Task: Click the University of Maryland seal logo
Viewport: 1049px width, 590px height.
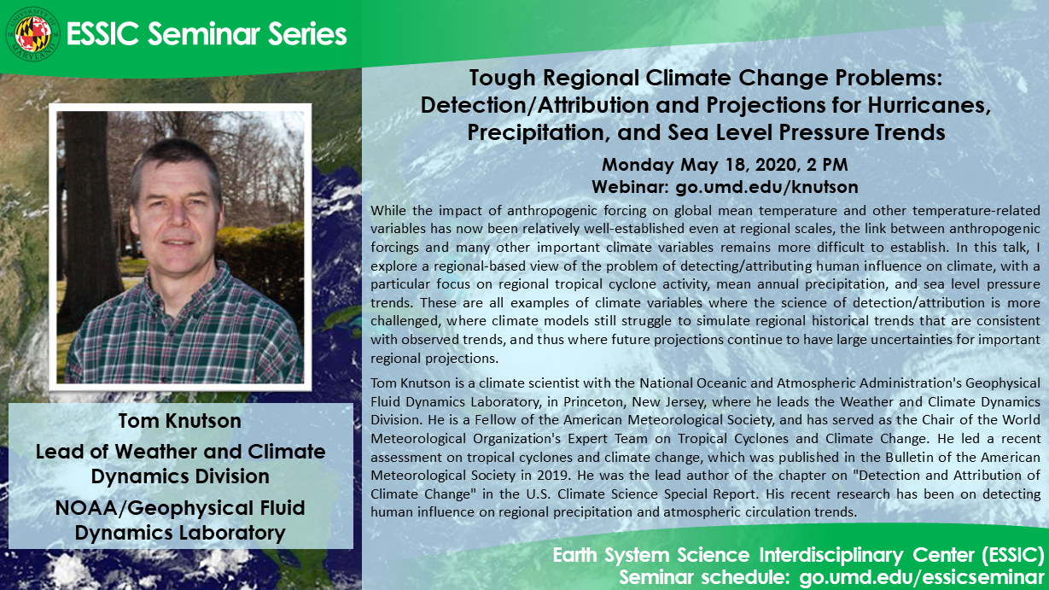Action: pos(32,34)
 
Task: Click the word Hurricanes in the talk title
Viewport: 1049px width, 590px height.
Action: pos(930,104)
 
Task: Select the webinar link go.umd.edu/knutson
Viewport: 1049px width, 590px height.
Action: pos(766,187)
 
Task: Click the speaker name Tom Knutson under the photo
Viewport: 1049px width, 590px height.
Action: pos(180,421)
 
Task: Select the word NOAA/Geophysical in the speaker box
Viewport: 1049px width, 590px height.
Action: pos(154,509)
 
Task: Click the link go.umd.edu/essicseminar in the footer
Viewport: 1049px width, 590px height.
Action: pos(922,577)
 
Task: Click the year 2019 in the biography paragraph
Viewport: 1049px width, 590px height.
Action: pos(554,476)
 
